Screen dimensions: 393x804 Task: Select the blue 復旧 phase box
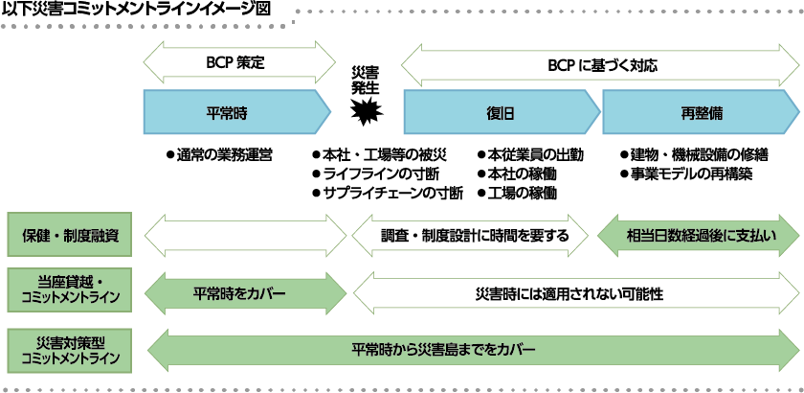[500, 112]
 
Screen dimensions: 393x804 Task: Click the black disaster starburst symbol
[365, 113]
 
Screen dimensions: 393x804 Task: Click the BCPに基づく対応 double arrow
[600, 66]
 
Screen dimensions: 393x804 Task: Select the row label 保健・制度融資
[66, 233]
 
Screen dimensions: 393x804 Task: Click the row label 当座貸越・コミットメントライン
[66, 289]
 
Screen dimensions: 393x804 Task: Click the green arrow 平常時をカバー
[243, 292]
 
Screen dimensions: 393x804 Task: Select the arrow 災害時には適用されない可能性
[574, 292]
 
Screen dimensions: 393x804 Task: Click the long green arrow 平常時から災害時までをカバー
[469, 351]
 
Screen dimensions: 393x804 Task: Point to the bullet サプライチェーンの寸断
[388, 193]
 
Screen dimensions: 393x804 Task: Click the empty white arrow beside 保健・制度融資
[243, 234]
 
